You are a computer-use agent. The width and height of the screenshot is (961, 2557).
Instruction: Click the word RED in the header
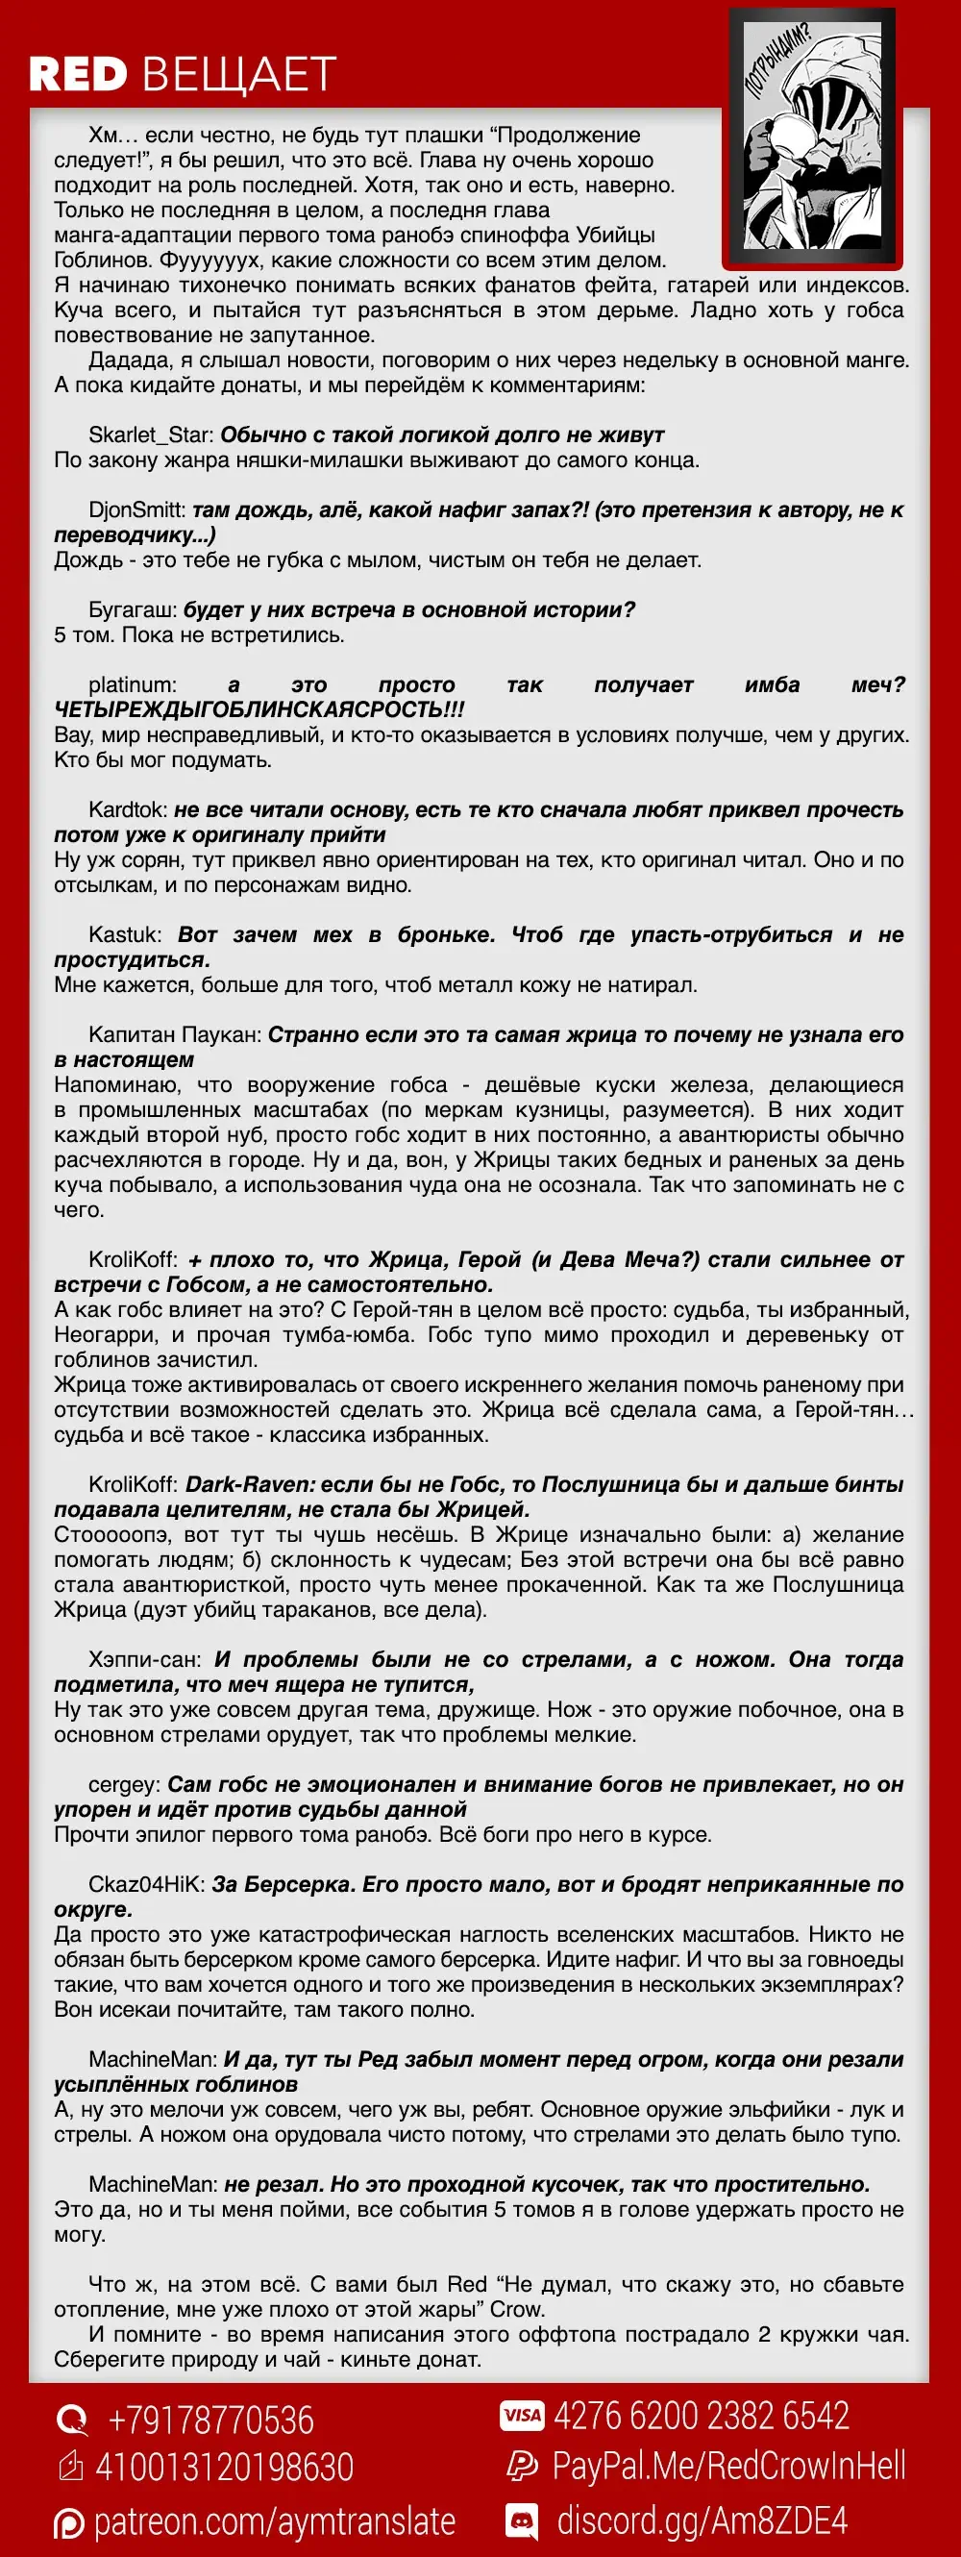click(79, 74)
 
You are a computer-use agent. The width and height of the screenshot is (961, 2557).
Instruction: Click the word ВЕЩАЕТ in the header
click(239, 74)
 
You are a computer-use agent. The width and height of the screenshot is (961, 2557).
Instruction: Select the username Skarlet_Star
click(150, 434)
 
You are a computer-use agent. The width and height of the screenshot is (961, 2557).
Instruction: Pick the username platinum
click(132, 684)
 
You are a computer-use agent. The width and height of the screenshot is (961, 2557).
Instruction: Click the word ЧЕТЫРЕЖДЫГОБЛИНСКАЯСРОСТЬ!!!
click(259, 709)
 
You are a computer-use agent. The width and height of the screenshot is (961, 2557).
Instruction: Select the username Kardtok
click(127, 810)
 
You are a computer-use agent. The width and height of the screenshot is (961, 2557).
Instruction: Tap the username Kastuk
click(124, 935)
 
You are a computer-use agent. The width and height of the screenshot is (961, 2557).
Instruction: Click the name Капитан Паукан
click(175, 1034)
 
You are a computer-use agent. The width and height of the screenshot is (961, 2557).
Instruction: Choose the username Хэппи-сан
click(144, 1660)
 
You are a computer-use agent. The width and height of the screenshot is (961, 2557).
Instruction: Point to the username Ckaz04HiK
click(146, 1884)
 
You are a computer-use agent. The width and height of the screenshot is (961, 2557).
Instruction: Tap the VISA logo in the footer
click(522, 2415)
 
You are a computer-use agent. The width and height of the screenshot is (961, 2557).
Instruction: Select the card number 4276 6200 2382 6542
click(701, 2415)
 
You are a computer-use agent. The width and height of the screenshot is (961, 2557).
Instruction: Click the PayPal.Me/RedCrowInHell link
click(728, 2466)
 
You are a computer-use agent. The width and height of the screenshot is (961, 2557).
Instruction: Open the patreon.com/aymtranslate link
click(274, 2521)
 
